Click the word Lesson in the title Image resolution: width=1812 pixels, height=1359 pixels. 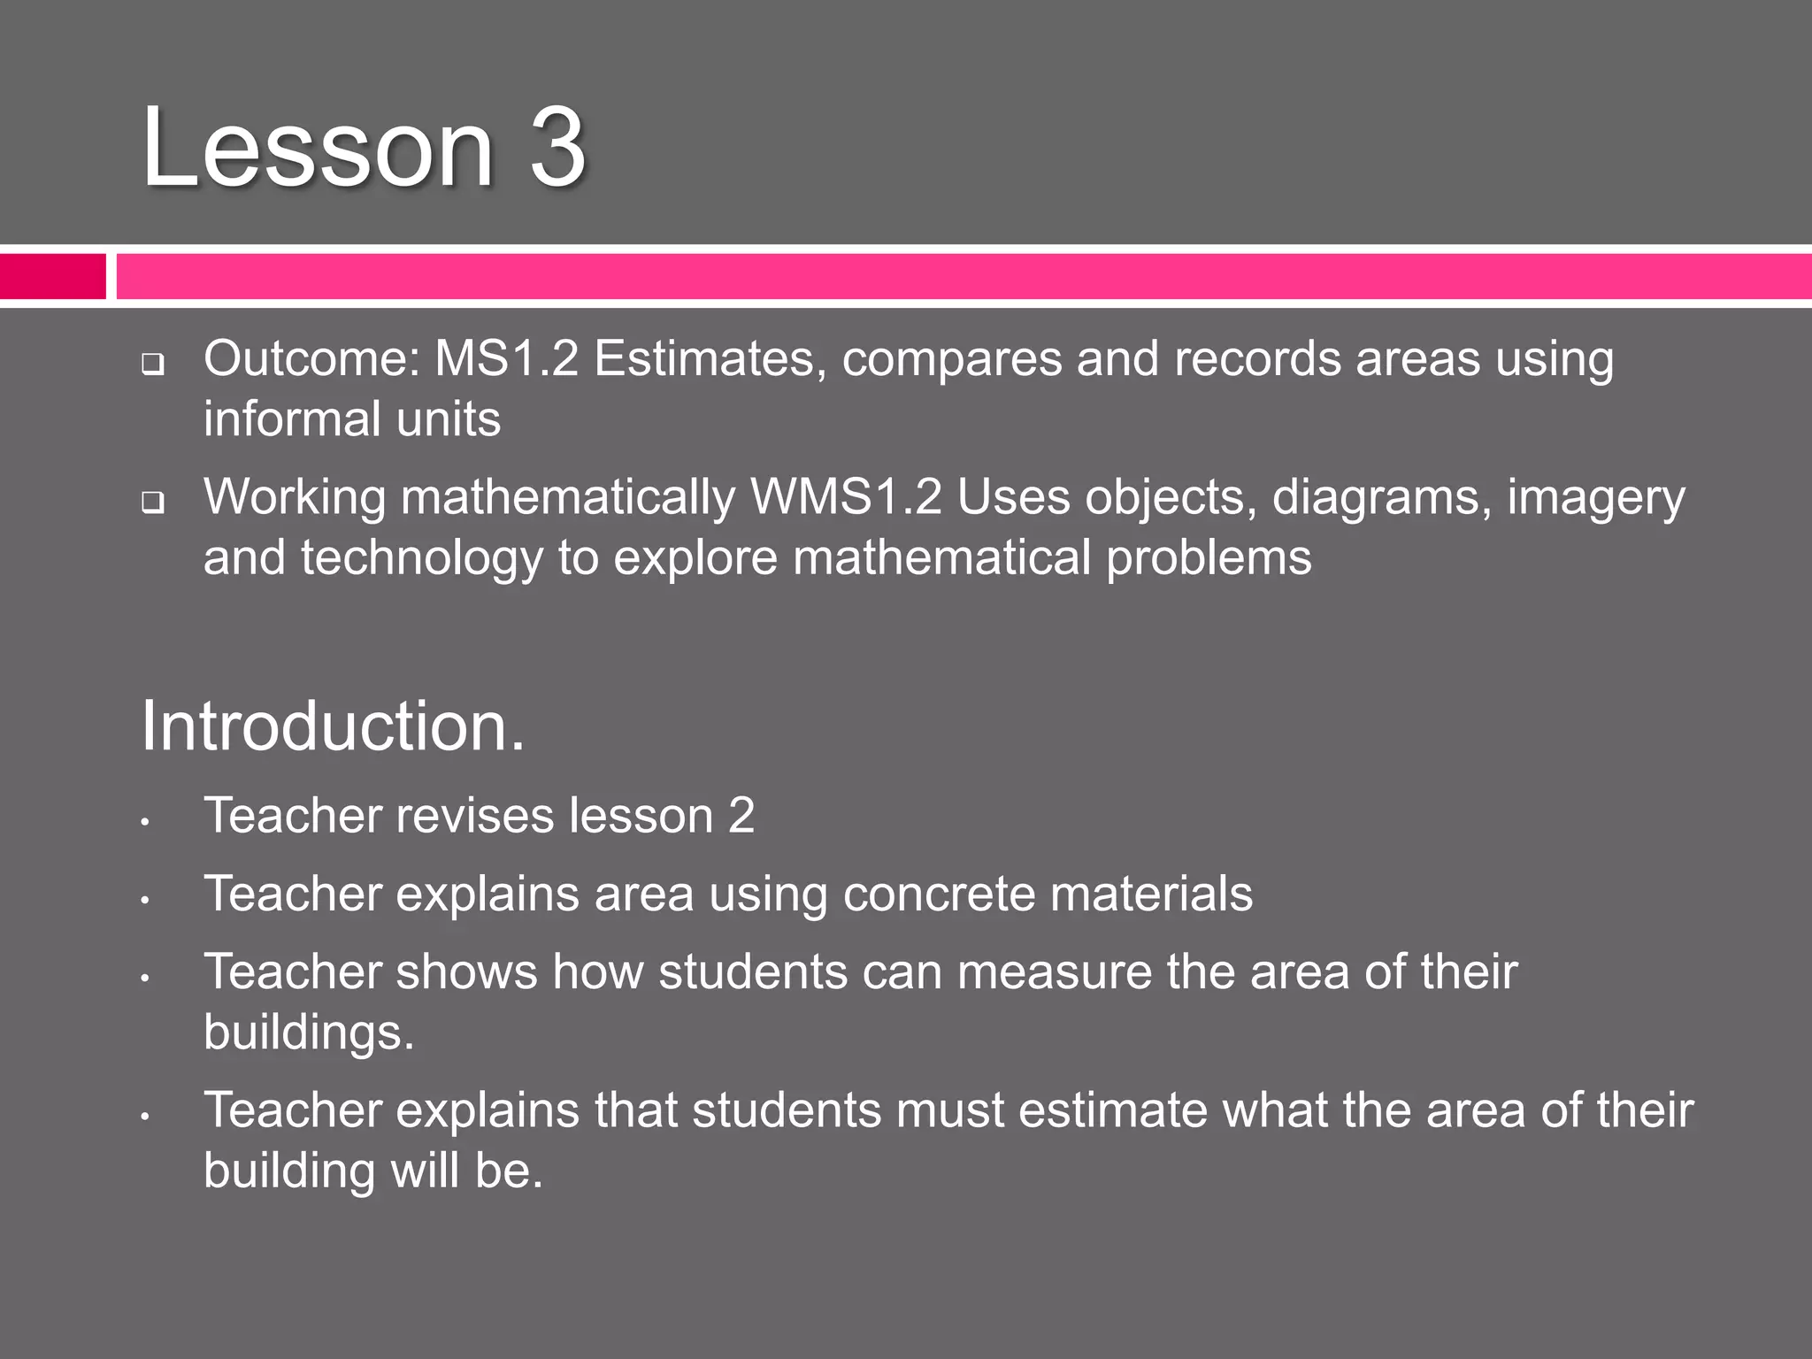tap(316, 147)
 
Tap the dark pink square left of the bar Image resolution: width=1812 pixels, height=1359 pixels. tap(52, 276)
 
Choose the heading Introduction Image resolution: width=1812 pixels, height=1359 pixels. tap(333, 726)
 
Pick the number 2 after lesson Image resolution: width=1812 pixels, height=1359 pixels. tap(741, 816)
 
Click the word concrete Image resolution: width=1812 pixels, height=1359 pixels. tap(938, 894)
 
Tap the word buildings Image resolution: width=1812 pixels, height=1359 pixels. tap(308, 1033)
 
